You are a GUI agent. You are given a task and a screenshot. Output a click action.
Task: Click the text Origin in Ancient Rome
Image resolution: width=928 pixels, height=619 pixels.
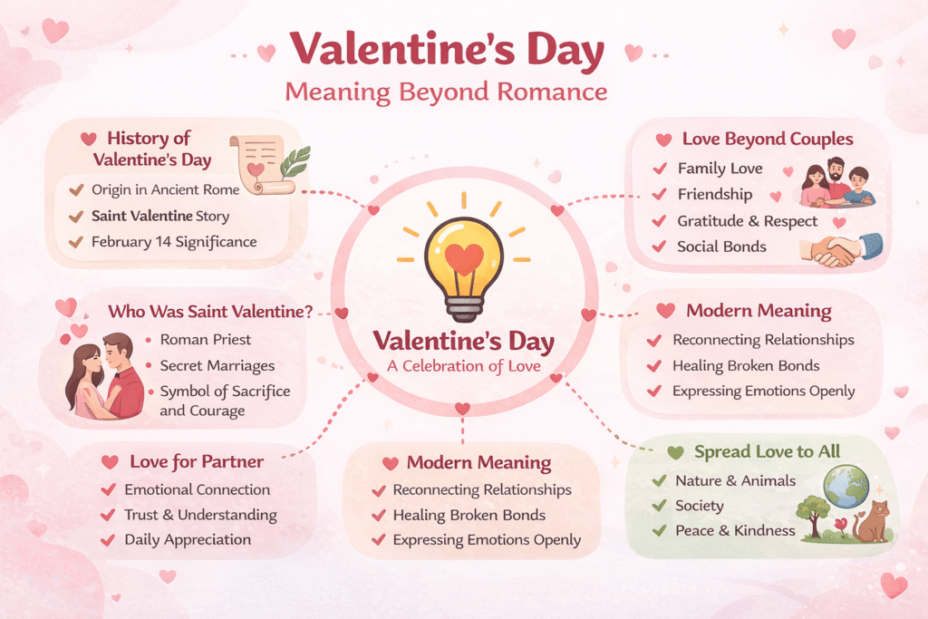[165, 189]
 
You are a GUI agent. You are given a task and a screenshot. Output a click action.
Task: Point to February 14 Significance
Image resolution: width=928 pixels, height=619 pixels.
[174, 242]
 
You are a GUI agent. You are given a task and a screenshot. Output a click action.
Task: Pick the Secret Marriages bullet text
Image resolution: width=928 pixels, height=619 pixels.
[217, 366]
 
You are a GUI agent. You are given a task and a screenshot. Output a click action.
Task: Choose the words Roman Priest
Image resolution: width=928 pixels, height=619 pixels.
[206, 340]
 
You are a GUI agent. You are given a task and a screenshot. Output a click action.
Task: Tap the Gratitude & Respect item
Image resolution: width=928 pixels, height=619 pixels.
[747, 221]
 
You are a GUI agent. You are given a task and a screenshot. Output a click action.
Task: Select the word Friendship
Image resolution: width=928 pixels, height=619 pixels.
[715, 194]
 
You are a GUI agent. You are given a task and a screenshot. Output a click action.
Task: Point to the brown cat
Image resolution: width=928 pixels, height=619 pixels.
[871, 522]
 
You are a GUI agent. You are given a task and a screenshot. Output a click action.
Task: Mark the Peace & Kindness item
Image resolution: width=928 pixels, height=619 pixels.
[735, 530]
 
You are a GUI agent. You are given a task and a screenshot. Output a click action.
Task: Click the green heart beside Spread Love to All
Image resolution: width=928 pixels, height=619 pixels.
[674, 452]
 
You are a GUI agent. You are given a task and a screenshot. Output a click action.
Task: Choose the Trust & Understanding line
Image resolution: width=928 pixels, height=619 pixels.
[200, 515]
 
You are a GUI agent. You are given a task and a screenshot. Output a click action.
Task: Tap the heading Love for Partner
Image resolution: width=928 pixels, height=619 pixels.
[197, 461]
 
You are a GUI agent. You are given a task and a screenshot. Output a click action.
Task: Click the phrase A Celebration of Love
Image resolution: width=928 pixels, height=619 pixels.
[464, 366]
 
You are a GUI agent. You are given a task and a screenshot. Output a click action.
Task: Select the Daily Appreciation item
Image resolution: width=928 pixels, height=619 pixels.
[188, 539]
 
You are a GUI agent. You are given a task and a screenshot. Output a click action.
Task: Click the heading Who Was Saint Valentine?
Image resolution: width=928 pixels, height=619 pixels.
[210, 312]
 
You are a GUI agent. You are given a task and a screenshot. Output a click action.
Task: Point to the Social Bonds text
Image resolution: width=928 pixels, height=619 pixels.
[721, 247]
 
